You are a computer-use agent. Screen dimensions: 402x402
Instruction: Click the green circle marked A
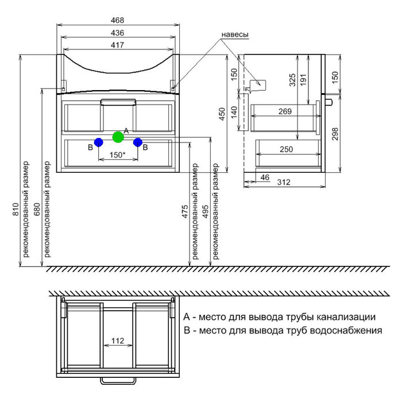[118, 137]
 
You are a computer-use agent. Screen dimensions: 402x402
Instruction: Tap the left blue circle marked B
[98, 142]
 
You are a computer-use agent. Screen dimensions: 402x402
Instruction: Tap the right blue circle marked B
[137, 142]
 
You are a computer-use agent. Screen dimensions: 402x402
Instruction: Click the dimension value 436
[118, 33]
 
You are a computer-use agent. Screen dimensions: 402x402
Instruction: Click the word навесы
[234, 35]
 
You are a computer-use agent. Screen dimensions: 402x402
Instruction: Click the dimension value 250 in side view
[285, 149]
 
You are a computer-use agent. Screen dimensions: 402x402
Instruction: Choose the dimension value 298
[337, 133]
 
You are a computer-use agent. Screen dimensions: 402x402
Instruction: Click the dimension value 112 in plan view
[118, 341]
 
